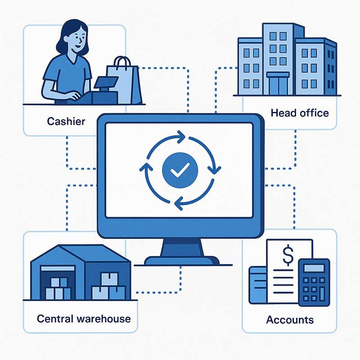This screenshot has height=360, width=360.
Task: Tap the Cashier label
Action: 66,121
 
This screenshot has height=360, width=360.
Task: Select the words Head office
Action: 300,112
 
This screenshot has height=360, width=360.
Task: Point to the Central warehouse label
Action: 84,319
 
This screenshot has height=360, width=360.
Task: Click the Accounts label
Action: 290,320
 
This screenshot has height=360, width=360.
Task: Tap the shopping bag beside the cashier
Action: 124,83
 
